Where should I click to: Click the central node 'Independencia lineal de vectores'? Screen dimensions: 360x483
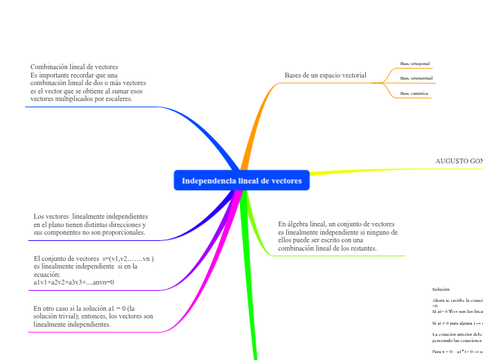tap(242, 181)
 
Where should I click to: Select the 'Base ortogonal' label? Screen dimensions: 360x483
tap(415, 64)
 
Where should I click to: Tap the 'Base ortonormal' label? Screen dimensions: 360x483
tap(416, 78)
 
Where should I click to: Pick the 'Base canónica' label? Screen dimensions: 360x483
tap(414, 93)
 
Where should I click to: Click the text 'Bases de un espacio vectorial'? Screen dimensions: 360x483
tap(325, 75)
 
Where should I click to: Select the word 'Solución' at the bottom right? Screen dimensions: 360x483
tap(441, 289)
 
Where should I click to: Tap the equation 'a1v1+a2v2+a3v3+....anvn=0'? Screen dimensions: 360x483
tap(73, 282)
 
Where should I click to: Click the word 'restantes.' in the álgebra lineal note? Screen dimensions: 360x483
tap(362, 248)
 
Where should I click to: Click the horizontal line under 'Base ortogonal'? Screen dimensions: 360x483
tap(416, 69)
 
